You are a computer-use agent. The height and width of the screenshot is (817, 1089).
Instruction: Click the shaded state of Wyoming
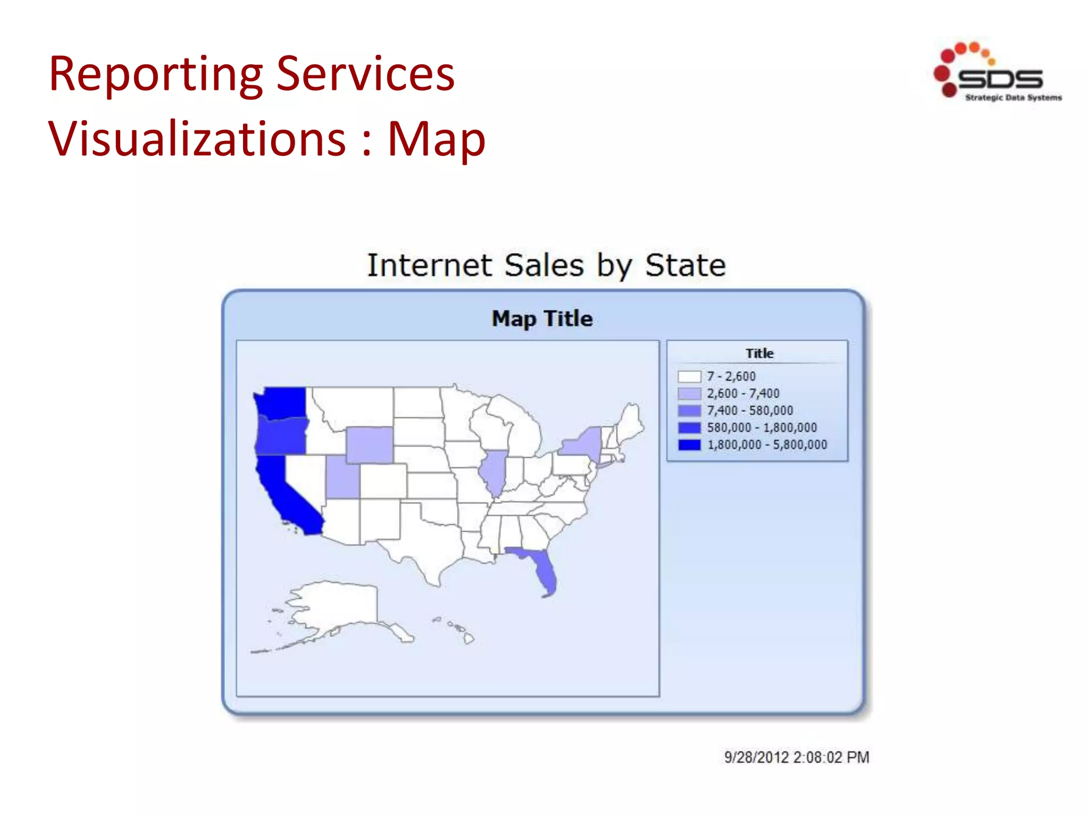click(370, 445)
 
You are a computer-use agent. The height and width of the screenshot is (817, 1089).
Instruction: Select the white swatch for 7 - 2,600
click(689, 377)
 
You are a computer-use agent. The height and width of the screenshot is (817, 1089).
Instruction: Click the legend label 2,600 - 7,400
click(743, 394)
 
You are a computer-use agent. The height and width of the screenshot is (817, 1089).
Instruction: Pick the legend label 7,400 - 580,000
click(749, 411)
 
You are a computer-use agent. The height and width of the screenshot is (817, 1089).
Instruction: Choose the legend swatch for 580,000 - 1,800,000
click(689, 428)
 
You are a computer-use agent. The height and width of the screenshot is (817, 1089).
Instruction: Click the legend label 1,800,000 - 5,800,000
click(767, 445)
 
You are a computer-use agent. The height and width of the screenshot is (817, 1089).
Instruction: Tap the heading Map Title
click(542, 319)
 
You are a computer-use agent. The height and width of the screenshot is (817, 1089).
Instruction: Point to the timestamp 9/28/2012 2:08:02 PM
click(797, 757)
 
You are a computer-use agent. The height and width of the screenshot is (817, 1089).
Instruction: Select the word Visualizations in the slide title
click(197, 139)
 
